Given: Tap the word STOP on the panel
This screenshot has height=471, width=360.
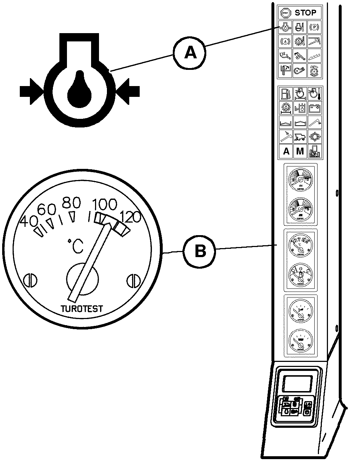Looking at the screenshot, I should click(305, 13).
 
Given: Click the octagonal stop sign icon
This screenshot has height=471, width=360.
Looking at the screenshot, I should click(286, 13).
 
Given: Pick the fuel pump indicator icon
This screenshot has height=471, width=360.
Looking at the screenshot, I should click(286, 94).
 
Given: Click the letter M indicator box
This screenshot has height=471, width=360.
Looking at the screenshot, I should click(300, 152).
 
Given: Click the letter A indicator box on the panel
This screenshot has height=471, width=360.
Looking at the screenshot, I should click(286, 152).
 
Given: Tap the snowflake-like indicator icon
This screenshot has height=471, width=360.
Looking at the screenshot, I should click(314, 137).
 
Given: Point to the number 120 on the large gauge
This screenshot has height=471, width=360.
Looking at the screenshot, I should click(130, 217).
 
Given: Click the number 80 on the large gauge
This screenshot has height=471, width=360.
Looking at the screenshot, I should click(71, 203).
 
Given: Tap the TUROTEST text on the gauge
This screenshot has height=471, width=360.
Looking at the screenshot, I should click(82, 309).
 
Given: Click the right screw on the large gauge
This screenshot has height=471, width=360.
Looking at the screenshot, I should click(133, 280).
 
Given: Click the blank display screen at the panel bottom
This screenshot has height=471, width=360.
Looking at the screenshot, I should click(297, 383).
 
